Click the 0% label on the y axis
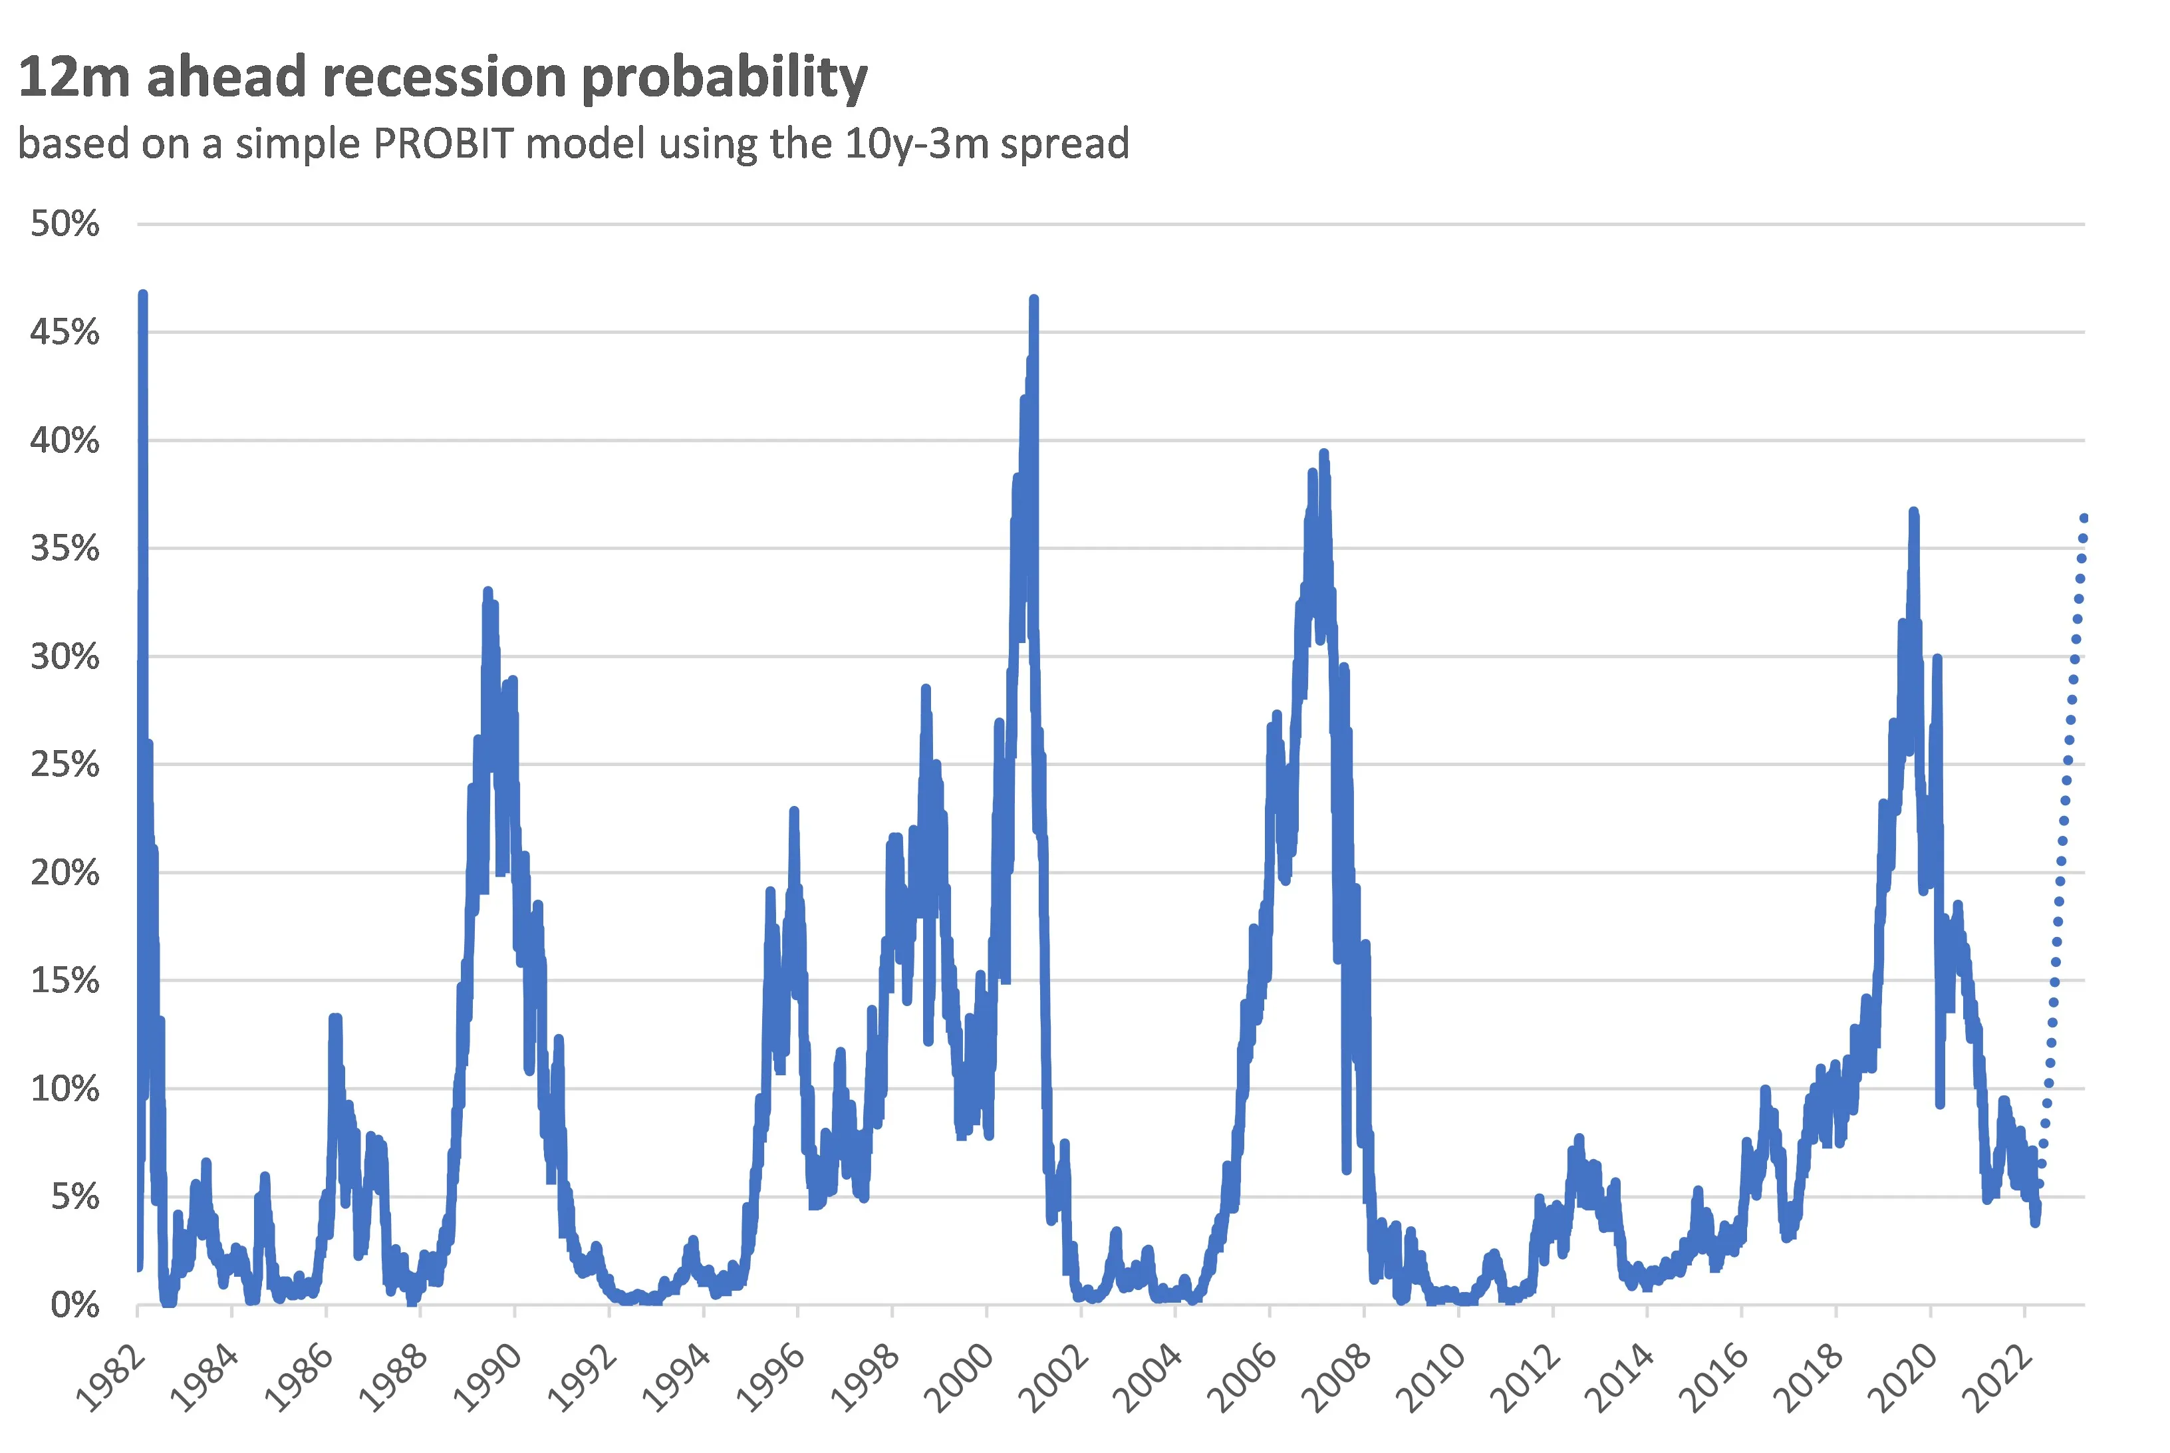[x=74, y=1305]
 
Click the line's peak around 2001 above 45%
[x=1034, y=300]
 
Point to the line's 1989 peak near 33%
[x=487, y=591]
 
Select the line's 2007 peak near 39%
[x=1324, y=454]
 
